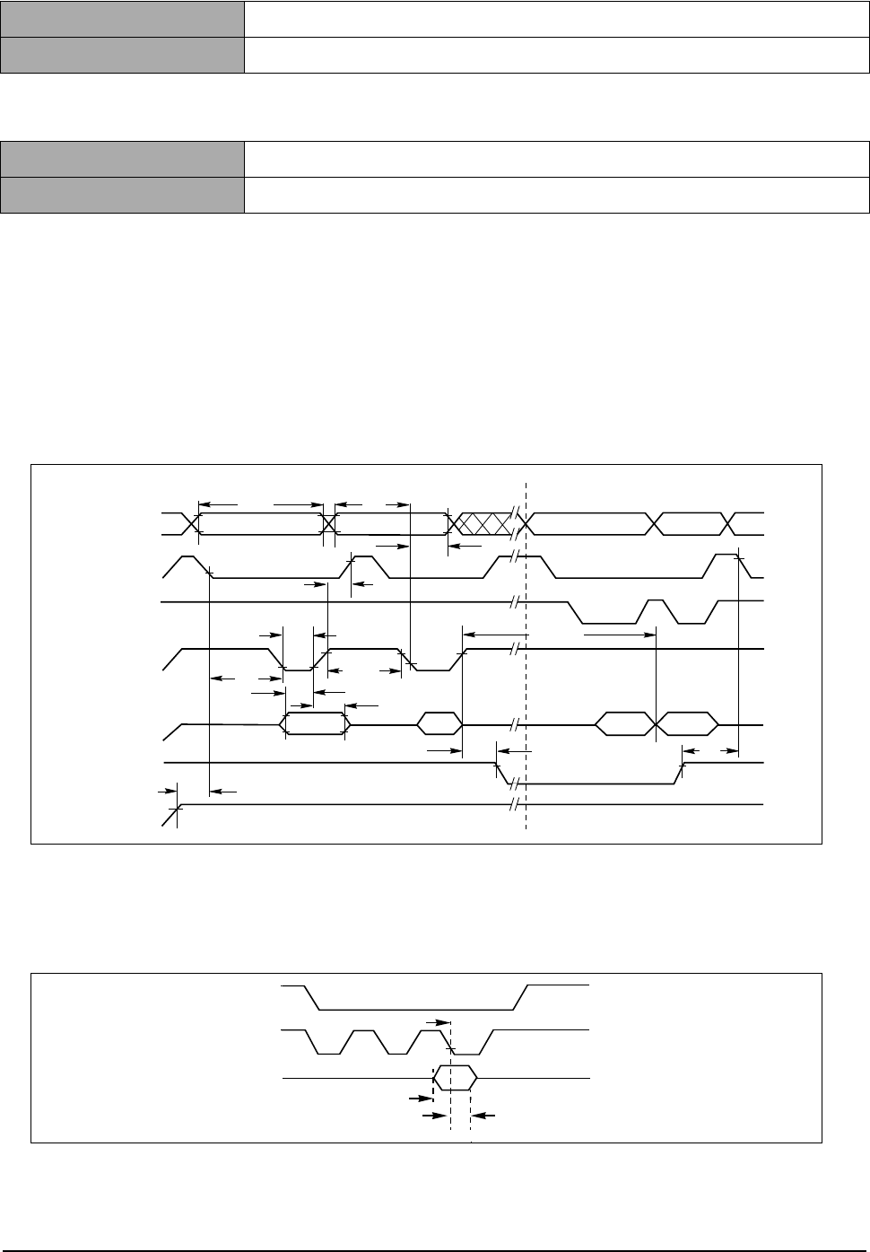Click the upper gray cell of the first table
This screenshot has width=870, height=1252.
[x=123, y=18]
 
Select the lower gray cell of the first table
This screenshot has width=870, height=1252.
[x=123, y=55]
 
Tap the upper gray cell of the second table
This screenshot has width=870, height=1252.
[x=123, y=158]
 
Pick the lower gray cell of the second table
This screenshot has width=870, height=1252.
[x=123, y=195]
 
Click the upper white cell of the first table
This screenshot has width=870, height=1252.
[x=557, y=18]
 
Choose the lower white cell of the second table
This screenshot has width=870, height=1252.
[x=557, y=195]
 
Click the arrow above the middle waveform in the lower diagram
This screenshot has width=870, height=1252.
[x=437, y=1021]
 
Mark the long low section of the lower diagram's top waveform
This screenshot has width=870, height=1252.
[x=417, y=1008]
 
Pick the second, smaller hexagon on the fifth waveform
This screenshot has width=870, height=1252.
[x=439, y=723]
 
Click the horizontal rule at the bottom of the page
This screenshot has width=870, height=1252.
[x=435, y=1250]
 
